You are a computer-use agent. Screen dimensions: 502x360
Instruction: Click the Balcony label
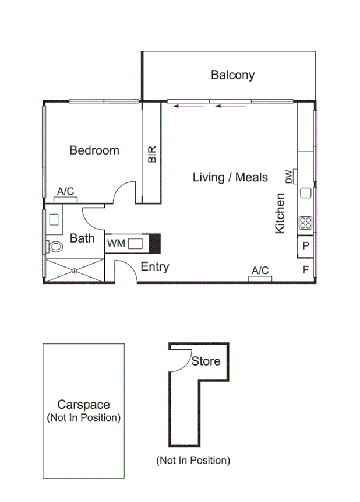point(232,75)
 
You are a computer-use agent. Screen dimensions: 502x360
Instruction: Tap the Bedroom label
point(94,150)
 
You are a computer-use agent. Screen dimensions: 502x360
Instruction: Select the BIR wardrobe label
point(152,153)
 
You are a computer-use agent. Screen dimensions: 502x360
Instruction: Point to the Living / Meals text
point(230,177)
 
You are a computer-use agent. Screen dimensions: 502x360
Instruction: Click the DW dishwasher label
point(290,177)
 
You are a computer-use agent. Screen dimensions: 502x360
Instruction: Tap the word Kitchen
point(280,213)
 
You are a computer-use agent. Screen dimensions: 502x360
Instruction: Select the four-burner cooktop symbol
point(306,222)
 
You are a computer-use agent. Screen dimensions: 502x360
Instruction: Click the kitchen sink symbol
point(306,194)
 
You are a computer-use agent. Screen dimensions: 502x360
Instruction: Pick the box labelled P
point(306,247)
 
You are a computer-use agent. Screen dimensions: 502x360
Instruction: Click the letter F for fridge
point(306,269)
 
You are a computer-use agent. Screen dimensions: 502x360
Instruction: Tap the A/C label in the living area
point(260,271)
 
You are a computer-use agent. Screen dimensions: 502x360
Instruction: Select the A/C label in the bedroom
point(65,191)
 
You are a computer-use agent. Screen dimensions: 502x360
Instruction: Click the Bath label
point(82,238)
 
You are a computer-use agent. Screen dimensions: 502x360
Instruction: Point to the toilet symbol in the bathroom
point(55,247)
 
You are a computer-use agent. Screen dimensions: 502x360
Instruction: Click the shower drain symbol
point(75,270)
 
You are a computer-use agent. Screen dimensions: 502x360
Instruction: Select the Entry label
point(155,267)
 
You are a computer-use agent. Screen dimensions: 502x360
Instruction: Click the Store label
point(206,361)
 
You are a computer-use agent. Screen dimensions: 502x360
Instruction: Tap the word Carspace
point(83,405)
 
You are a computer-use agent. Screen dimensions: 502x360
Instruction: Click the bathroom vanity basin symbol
point(54,220)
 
